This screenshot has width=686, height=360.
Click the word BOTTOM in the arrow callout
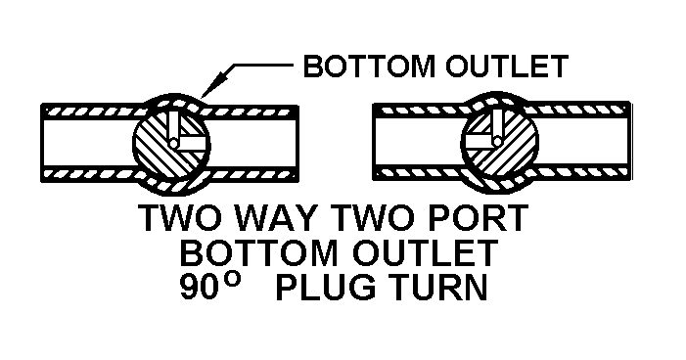click(x=369, y=67)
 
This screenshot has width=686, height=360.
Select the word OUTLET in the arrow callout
click(x=507, y=67)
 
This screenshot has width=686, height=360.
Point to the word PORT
click(x=480, y=218)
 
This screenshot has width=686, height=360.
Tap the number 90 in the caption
click(x=198, y=287)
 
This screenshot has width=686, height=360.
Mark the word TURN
click(x=438, y=287)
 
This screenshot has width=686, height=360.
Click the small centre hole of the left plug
click(x=173, y=143)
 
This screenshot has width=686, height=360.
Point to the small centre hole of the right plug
click(x=497, y=141)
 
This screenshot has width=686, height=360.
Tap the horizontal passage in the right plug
click(x=479, y=141)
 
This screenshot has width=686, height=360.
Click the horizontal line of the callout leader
click(x=262, y=66)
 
